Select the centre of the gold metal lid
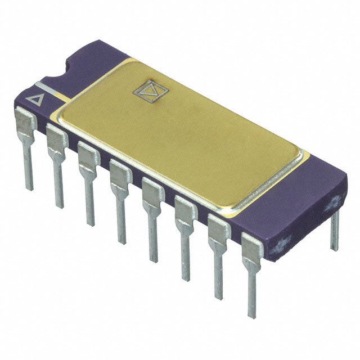pyautogui.click(x=180, y=132)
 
